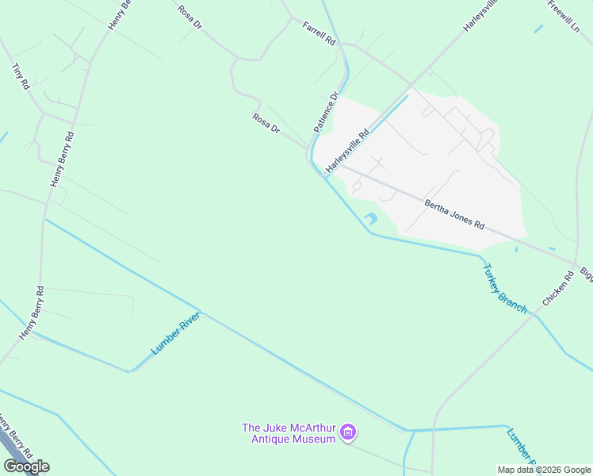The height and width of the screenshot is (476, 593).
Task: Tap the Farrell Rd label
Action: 319,33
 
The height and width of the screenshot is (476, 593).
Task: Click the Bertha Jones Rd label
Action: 453,213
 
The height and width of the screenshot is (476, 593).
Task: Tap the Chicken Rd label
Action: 557,290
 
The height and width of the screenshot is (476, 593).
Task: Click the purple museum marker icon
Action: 347,433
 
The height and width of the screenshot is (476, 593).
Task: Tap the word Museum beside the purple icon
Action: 315,440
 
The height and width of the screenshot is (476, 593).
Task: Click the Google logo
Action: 26,466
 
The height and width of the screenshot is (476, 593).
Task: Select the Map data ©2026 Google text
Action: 543,470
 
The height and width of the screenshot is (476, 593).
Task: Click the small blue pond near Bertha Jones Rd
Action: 370,218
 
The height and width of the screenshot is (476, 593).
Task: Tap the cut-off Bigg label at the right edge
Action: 586,274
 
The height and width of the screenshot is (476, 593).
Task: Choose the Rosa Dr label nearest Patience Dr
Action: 266,123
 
